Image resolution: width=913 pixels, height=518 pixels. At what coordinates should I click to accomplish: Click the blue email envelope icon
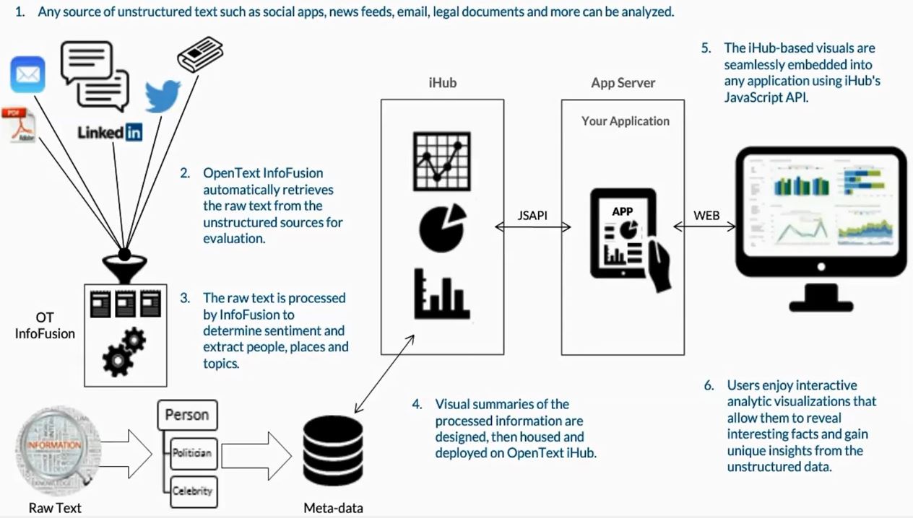tap(27, 75)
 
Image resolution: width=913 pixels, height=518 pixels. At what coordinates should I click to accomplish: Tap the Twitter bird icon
tap(163, 96)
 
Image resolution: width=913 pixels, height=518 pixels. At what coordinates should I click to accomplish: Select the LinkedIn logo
tap(110, 132)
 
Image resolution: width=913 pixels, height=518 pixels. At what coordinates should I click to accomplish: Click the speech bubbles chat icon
tap(95, 75)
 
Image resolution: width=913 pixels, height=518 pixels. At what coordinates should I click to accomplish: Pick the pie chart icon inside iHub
tap(442, 227)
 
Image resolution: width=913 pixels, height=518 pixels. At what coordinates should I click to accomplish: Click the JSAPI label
tap(532, 215)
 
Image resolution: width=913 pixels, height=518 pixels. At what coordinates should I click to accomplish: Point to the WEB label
tap(706, 215)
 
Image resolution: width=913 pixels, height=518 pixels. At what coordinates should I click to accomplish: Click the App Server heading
tap(623, 83)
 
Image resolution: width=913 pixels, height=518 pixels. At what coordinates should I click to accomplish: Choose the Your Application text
tap(625, 121)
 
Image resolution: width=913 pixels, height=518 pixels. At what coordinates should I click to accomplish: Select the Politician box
tap(191, 453)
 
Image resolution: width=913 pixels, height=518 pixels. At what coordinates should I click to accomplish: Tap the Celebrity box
tap(191, 491)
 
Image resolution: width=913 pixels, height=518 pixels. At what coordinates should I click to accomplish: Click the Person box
tap(187, 415)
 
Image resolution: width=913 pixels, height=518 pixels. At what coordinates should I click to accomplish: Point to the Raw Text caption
tap(55, 508)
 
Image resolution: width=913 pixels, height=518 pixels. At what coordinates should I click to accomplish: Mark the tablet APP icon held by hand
tap(623, 234)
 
